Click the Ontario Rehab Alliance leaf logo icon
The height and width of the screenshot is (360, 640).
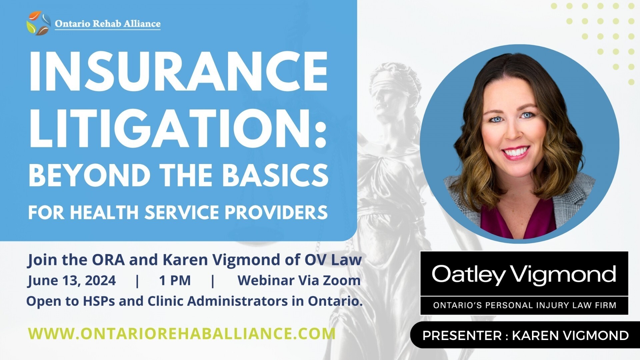click(x=39, y=23)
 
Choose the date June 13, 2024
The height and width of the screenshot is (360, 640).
click(x=72, y=281)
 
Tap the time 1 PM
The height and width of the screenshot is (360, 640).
click(x=175, y=280)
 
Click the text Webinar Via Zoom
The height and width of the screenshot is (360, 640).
click(x=299, y=280)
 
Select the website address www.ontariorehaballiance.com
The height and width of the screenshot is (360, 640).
click(x=182, y=334)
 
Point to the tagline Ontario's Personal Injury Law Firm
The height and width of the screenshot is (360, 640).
click(x=524, y=305)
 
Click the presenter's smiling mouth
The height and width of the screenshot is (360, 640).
click(x=515, y=153)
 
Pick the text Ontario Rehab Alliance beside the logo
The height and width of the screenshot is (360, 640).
click(x=108, y=24)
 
